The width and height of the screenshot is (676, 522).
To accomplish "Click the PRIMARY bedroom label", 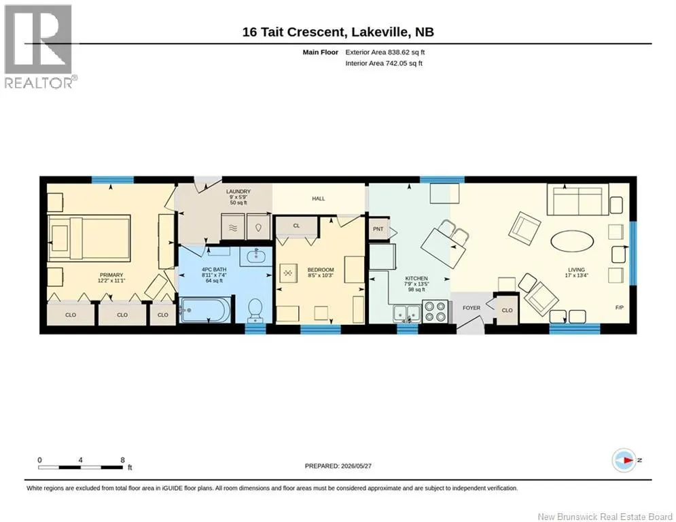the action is pos(111,275).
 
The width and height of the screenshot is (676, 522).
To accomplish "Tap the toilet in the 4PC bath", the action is pos(255,310).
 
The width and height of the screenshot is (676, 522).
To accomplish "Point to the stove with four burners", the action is pos(435,311).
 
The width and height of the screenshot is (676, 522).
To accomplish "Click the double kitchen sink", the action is pos(407,313).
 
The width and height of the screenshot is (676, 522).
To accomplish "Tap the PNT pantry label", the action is pos(378,228).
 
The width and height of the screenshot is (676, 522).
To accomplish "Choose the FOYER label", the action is pos(472,308).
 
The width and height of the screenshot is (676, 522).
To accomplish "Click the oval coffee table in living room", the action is pos(572,241).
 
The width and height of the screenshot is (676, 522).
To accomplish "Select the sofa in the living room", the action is pos(577,199).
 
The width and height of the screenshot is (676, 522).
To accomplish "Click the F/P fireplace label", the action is pos(619,308).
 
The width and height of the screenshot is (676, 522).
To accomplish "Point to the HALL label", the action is pos(319,198).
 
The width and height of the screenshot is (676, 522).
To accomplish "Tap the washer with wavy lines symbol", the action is pos(233,227).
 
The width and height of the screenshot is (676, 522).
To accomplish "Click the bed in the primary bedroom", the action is pos(89,239).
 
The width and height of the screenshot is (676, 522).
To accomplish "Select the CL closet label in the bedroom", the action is pos(297,226).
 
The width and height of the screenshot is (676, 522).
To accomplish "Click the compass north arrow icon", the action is pos(624,460).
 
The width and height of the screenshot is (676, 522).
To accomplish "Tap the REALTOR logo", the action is pos(39,46).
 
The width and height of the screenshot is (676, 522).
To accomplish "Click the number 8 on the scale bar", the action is pos(123,460).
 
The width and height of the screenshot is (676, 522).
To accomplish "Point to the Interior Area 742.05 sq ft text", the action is pos(384,63).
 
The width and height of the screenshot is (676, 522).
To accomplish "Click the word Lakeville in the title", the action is pos(380,32).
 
